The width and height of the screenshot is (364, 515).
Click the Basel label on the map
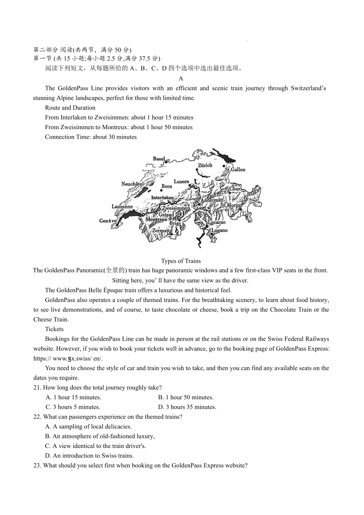click(x=159, y=159)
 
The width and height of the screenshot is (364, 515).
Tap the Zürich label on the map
click(x=205, y=165)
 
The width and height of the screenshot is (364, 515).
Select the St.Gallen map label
click(x=235, y=169)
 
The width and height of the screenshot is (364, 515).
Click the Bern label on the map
click(x=167, y=186)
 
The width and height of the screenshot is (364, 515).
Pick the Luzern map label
click(x=182, y=182)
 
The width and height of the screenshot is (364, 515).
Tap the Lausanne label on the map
click(x=122, y=207)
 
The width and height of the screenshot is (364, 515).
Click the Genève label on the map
click(x=108, y=221)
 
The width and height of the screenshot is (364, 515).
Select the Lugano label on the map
click(x=220, y=230)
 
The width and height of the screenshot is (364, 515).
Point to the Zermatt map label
click(x=162, y=231)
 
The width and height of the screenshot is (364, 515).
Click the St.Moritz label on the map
click(x=231, y=205)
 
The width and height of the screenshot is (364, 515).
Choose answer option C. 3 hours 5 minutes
click(x=73, y=407)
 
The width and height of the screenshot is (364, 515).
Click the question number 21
click(x=37, y=387)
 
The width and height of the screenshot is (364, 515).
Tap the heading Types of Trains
click(x=181, y=261)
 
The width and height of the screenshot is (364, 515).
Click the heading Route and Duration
click(x=70, y=108)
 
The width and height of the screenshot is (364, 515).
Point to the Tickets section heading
click(x=54, y=329)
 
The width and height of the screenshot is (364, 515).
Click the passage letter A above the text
click(x=181, y=78)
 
